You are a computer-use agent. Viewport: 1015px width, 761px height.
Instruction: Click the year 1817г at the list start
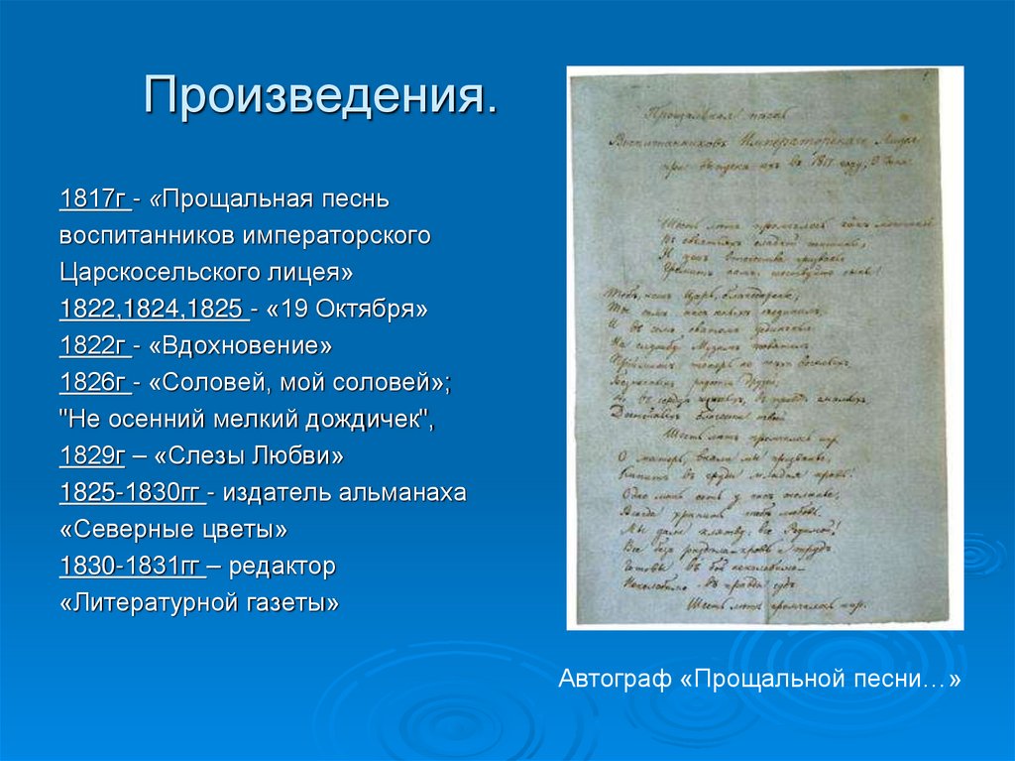92,199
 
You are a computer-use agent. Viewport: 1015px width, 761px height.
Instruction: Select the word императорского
336,236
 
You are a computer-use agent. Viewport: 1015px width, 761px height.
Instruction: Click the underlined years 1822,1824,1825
152,309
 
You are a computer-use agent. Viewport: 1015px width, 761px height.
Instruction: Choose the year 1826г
92,383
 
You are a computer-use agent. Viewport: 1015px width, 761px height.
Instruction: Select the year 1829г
92,456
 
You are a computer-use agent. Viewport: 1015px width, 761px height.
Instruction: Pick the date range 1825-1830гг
130,493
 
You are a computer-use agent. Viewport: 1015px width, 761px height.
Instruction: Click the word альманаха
403,493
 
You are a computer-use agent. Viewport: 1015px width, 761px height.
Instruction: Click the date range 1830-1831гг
130,567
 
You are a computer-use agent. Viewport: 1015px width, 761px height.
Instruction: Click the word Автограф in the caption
615,681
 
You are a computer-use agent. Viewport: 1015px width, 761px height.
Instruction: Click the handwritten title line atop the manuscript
694,115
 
